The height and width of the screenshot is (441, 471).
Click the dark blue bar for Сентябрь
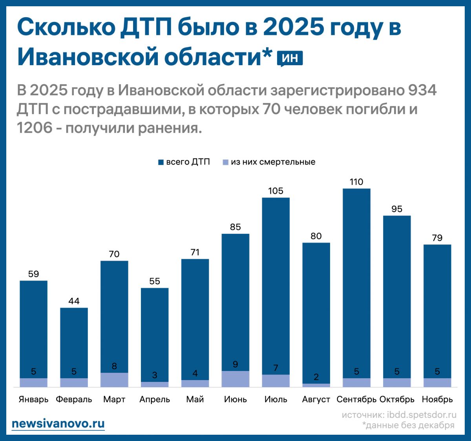coord(356,282)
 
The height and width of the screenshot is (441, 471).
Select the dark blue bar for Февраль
coord(74,341)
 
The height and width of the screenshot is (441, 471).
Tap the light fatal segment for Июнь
coord(235,379)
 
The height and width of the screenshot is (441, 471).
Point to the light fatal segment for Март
coord(114,380)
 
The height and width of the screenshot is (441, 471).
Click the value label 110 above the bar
coord(356,182)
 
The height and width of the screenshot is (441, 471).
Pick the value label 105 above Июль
coord(276,191)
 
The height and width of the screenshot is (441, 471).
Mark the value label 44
coord(74,301)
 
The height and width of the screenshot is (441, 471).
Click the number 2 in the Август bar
coord(316,377)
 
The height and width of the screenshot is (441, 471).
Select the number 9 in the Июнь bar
coord(235,364)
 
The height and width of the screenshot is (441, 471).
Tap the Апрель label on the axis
coord(155,399)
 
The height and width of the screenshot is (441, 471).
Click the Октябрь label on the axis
coord(397,399)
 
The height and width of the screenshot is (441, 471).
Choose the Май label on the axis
coord(195,399)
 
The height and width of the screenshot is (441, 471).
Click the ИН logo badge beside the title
coord(290,58)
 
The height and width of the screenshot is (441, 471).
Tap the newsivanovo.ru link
coord(58,424)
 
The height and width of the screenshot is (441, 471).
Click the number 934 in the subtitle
coord(422,91)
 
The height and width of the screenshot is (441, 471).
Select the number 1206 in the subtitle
coord(35,128)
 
